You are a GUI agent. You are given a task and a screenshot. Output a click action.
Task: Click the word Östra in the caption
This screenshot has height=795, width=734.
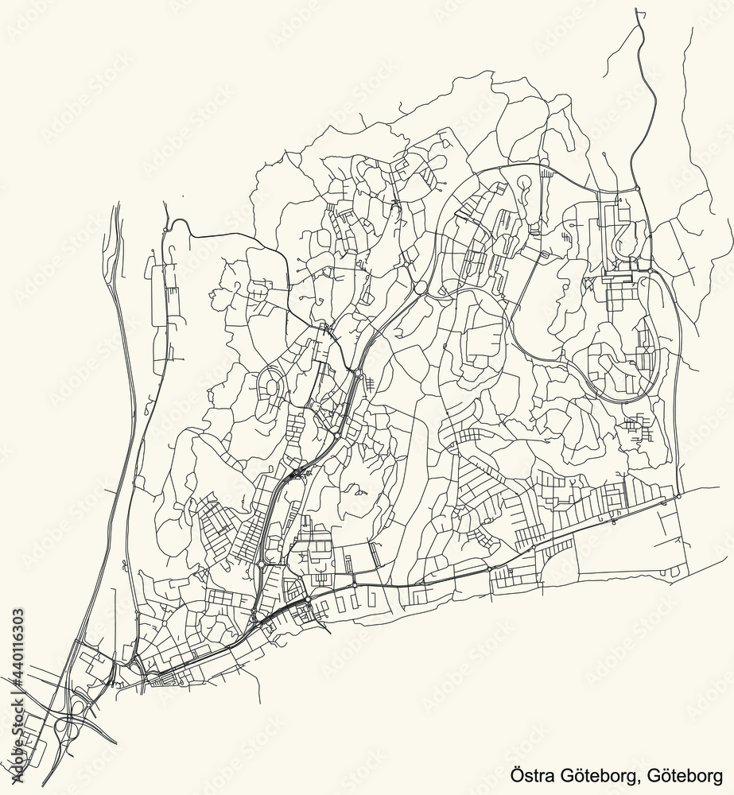tap(528, 775)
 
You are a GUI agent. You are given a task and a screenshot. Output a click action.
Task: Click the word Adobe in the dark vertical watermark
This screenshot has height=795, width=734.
tap(17, 770)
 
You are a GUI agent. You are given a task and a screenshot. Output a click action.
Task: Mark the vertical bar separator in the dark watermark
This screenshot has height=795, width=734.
tap(17, 688)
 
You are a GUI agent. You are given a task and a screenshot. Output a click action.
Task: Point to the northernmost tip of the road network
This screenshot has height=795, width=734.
tap(637, 10)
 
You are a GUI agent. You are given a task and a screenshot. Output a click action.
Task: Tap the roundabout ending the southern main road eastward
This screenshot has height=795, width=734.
tap(678, 496)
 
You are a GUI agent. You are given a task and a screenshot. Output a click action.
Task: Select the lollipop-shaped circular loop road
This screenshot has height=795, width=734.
tap(525, 184)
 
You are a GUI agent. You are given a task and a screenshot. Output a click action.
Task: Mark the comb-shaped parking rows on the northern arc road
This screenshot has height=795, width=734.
tap(546, 170)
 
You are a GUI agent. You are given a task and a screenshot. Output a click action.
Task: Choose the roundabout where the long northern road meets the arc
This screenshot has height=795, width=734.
tap(637, 188)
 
